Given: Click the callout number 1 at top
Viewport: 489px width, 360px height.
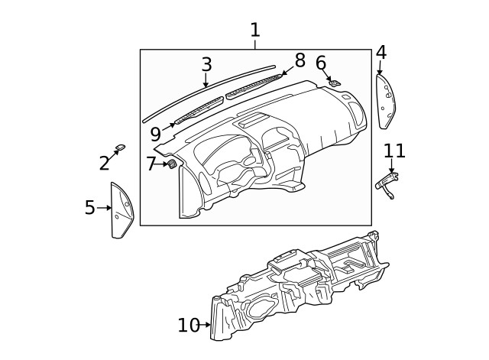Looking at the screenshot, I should pos(254,31).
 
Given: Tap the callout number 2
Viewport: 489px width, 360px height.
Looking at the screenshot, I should pos(105,163).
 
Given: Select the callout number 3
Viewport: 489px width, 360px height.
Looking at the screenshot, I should pos(206,65).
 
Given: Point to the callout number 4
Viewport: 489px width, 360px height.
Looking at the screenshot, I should pos(381,53).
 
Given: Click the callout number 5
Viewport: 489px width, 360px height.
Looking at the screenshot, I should pos(90,208).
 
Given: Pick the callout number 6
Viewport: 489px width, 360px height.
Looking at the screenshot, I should pos(321,63).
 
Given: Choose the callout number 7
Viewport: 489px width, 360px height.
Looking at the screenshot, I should pos(151,164).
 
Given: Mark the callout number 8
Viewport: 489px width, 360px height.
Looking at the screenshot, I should pos(300,60).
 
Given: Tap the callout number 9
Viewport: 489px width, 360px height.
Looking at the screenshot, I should pos(156,134).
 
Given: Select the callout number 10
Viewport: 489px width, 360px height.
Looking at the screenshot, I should pos(188,326).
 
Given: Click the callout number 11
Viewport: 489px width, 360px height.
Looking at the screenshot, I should pos(393,151).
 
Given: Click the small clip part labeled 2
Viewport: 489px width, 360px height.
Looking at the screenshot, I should pos(121,147).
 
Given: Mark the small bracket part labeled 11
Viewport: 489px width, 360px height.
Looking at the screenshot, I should pos(388,183).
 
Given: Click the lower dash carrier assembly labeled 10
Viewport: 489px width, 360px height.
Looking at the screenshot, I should pos(298,287).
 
